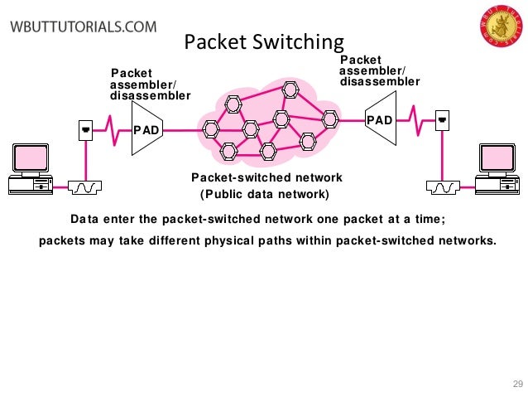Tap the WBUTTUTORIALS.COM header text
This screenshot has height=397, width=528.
[x=83, y=26]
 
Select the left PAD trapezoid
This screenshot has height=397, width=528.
[x=146, y=129]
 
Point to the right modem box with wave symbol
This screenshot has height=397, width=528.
[x=444, y=187]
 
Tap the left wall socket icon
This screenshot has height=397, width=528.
[x=84, y=129]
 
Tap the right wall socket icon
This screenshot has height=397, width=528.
[x=443, y=121]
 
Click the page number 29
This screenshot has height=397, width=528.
[x=518, y=383]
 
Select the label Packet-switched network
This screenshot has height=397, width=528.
[x=266, y=178]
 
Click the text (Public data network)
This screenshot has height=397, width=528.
[x=265, y=196]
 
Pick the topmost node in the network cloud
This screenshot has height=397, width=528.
[x=290, y=89]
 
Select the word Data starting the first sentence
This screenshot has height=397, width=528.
[x=84, y=220]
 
